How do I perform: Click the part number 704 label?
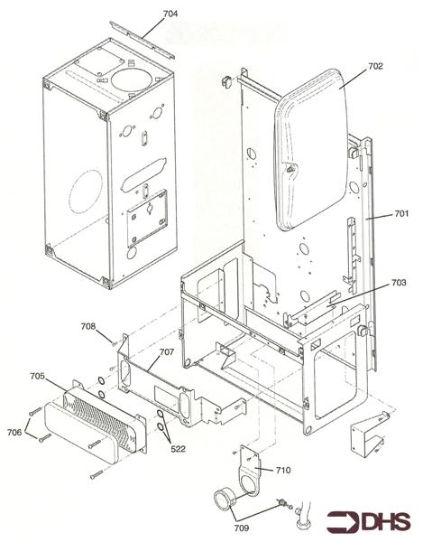pos(170,14)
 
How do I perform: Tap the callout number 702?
pos(375,66)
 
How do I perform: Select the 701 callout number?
pos(401,213)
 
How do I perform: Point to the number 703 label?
pos(399,283)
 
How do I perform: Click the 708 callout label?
pos(88,326)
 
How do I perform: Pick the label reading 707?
pos(167,352)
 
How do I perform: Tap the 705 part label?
pos(37,376)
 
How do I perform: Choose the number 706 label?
pos(14,432)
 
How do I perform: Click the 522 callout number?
pos(178,449)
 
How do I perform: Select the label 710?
pos(283,470)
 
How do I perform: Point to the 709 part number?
pos(241,528)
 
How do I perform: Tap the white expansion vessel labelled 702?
pos(310,149)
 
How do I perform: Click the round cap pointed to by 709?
pos(225,500)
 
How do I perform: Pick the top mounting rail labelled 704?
pos(142,41)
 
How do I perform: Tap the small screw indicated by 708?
pos(115,343)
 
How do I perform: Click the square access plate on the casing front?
pos(147,219)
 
